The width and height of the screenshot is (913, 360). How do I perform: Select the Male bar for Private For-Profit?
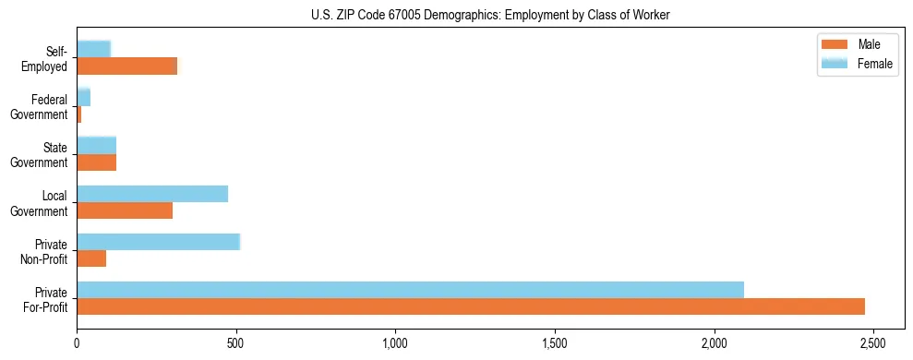(x=471, y=306)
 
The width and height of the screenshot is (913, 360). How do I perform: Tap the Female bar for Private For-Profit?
(x=410, y=290)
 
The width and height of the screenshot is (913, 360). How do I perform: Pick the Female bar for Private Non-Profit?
(x=158, y=242)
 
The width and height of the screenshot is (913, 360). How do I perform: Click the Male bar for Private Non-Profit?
(x=91, y=258)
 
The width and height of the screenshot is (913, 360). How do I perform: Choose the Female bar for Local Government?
(x=152, y=194)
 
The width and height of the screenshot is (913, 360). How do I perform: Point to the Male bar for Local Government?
(x=125, y=210)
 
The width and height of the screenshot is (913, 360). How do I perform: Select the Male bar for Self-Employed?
(x=126, y=66)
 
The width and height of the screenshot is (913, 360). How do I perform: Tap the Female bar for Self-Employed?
(x=93, y=49)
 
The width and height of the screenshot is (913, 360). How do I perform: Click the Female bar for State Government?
(x=96, y=145)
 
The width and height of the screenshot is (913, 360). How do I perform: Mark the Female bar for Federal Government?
(x=83, y=97)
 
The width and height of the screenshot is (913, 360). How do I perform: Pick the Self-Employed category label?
(x=46, y=58)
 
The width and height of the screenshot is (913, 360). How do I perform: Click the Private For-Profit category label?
(x=45, y=299)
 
